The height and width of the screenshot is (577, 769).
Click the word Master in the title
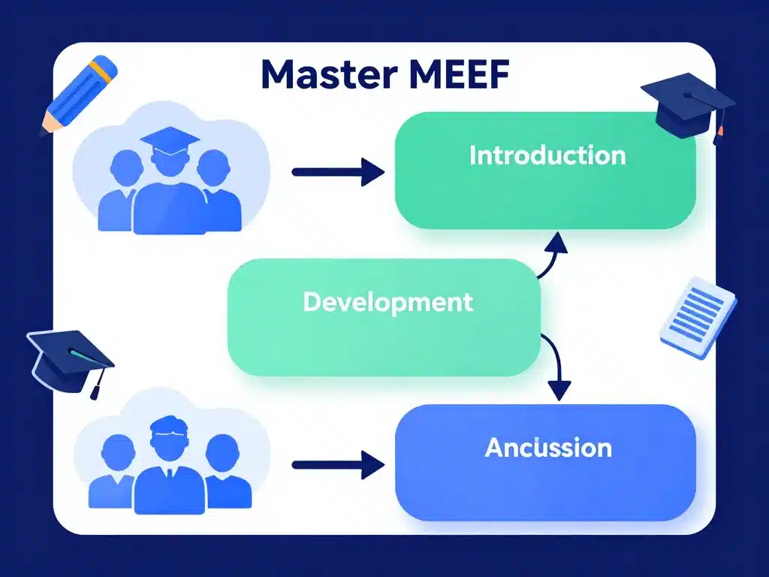click(x=319, y=75)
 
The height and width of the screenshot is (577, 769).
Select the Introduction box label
click(x=547, y=156)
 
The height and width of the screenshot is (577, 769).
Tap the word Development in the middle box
click(x=388, y=302)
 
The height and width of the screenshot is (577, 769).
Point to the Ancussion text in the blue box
click(x=547, y=448)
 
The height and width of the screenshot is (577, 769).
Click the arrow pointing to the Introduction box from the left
click(x=337, y=172)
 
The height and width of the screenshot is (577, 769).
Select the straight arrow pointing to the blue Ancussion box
click(x=337, y=465)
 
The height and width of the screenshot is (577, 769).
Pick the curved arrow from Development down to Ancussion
click(x=554, y=368)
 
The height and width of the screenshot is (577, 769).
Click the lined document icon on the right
click(x=698, y=316)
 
